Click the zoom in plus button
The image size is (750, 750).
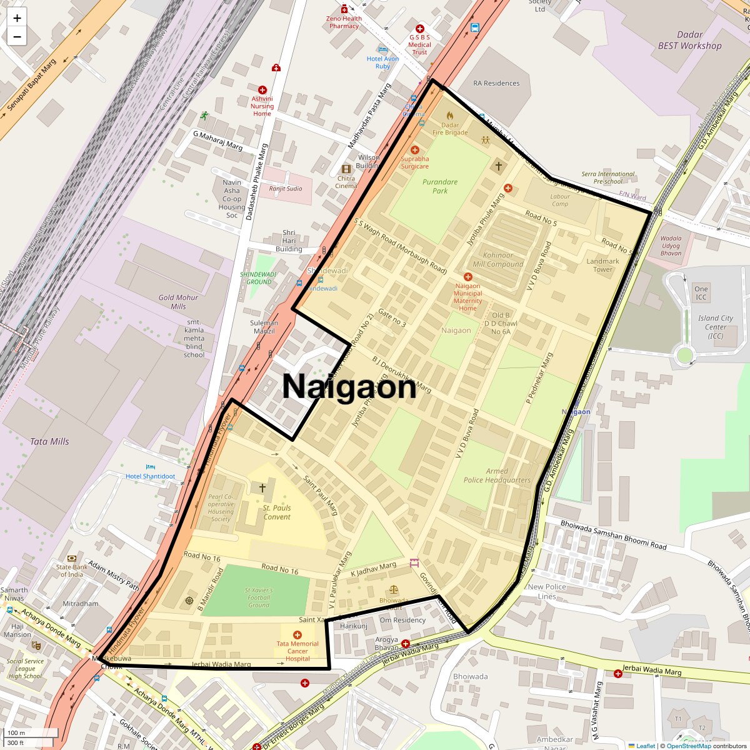click(17, 18)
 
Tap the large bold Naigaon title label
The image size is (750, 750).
click(349, 386)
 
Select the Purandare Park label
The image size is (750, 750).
click(440, 186)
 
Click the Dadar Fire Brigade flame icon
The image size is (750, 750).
click(450, 116)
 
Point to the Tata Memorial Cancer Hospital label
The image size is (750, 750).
click(297, 651)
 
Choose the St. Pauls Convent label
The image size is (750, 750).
click(277, 512)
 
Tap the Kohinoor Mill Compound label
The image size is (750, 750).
click(498, 259)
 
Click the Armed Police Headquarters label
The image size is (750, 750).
click(497, 476)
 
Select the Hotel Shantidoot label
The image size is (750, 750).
click(151, 476)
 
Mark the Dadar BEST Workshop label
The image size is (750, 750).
click(689, 41)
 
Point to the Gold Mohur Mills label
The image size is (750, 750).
click(178, 302)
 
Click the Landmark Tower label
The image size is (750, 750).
click(602, 266)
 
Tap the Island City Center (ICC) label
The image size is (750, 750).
click(715, 327)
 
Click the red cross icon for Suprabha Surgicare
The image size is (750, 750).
click(415, 150)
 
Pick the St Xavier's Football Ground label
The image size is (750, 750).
click(259, 597)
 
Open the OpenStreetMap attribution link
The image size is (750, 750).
click(688, 746)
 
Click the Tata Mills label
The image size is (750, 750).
click(49, 441)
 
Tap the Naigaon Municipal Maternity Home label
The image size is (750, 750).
click(467, 297)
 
